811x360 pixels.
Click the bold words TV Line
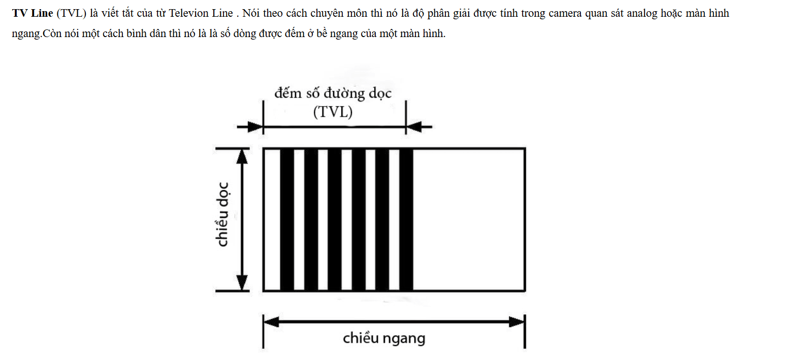(x=33, y=13)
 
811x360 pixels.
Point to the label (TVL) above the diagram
(x=333, y=112)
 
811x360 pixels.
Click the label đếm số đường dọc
(x=333, y=93)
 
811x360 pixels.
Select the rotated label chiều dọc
(x=222, y=215)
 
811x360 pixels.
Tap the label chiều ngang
(x=384, y=338)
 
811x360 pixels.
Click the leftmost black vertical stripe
(x=287, y=219)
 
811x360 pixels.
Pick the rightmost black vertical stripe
(x=406, y=219)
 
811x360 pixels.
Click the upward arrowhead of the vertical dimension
(x=243, y=156)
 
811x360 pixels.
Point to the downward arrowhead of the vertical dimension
(x=243, y=283)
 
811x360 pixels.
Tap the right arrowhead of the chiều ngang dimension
(x=516, y=322)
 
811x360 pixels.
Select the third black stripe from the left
(x=335, y=219)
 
